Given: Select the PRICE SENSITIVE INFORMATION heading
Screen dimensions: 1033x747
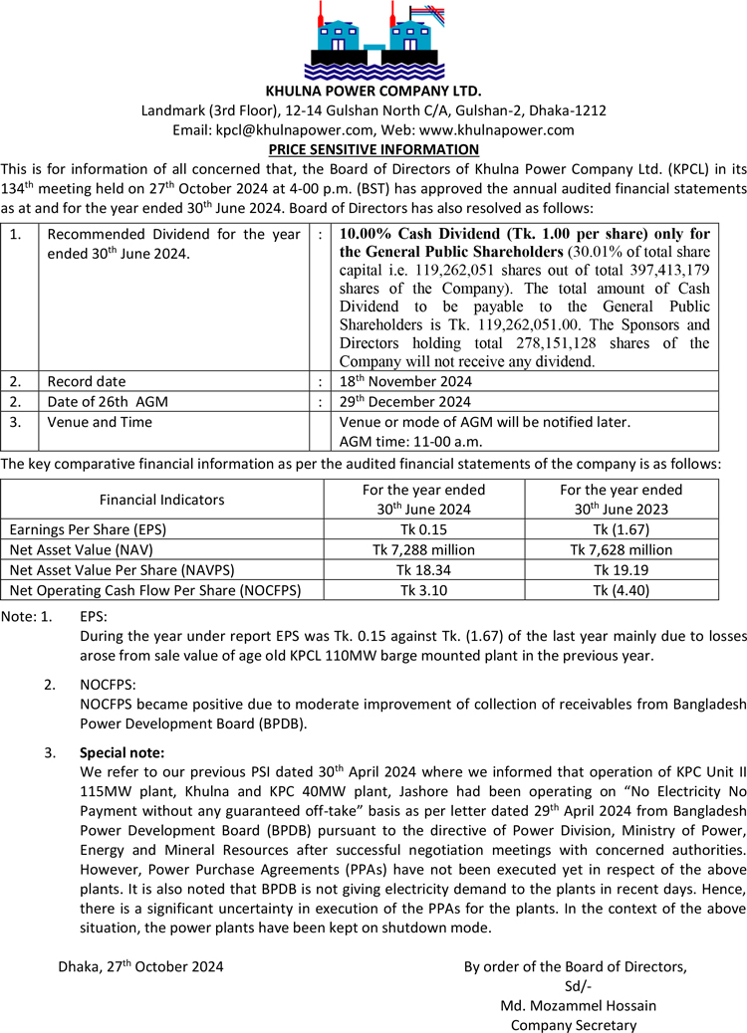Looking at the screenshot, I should [373, 149].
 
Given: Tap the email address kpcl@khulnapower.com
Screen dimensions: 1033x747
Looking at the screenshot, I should [295, 130].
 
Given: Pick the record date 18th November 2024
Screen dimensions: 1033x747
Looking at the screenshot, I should [405, 381].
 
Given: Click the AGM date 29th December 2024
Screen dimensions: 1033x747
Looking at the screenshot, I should [405, 402].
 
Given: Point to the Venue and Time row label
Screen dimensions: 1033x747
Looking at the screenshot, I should [100, 422].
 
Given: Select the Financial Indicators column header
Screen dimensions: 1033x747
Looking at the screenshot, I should [161, 500].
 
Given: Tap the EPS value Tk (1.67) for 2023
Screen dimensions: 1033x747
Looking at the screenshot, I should [622, 529].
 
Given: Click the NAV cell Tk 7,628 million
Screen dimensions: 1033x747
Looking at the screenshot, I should [622, 549].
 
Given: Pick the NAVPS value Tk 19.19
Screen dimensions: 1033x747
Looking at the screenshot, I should [622, 569].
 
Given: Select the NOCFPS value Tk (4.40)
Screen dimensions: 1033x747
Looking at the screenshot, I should [622, 590].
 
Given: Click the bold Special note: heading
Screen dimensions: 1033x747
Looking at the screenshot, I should [122, 752].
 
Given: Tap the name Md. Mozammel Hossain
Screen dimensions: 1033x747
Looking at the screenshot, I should [578, 1005].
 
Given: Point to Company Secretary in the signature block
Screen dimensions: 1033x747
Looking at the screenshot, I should [573, 1024].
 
